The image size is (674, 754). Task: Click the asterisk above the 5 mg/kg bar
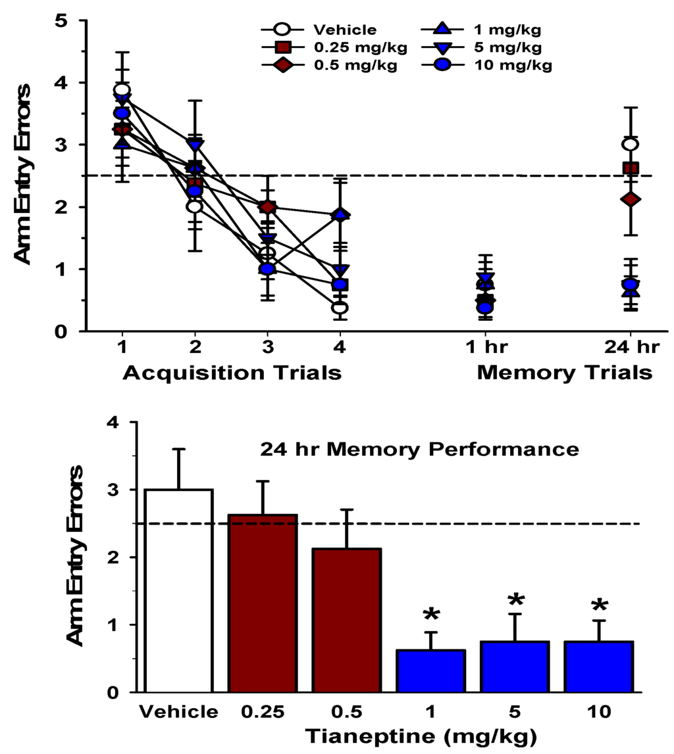(516, 600)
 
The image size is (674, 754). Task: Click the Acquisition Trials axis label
(232, 373)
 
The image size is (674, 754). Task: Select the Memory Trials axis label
(564, 373)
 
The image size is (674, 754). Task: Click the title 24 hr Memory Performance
(419, 450)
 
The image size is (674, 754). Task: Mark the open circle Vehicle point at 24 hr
(630, 145)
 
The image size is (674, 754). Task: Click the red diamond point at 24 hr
(630, 199)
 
